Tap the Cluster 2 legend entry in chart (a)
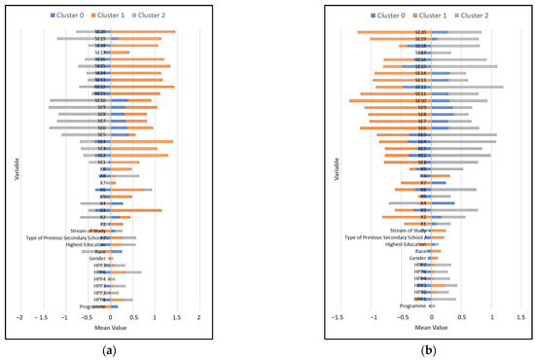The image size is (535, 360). (x=175, y=17)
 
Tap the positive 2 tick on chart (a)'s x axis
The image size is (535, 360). (x=198, y=317)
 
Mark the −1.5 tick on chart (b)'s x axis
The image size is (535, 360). (x=337, y=317)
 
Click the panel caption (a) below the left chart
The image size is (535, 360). (x=109, y=347)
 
